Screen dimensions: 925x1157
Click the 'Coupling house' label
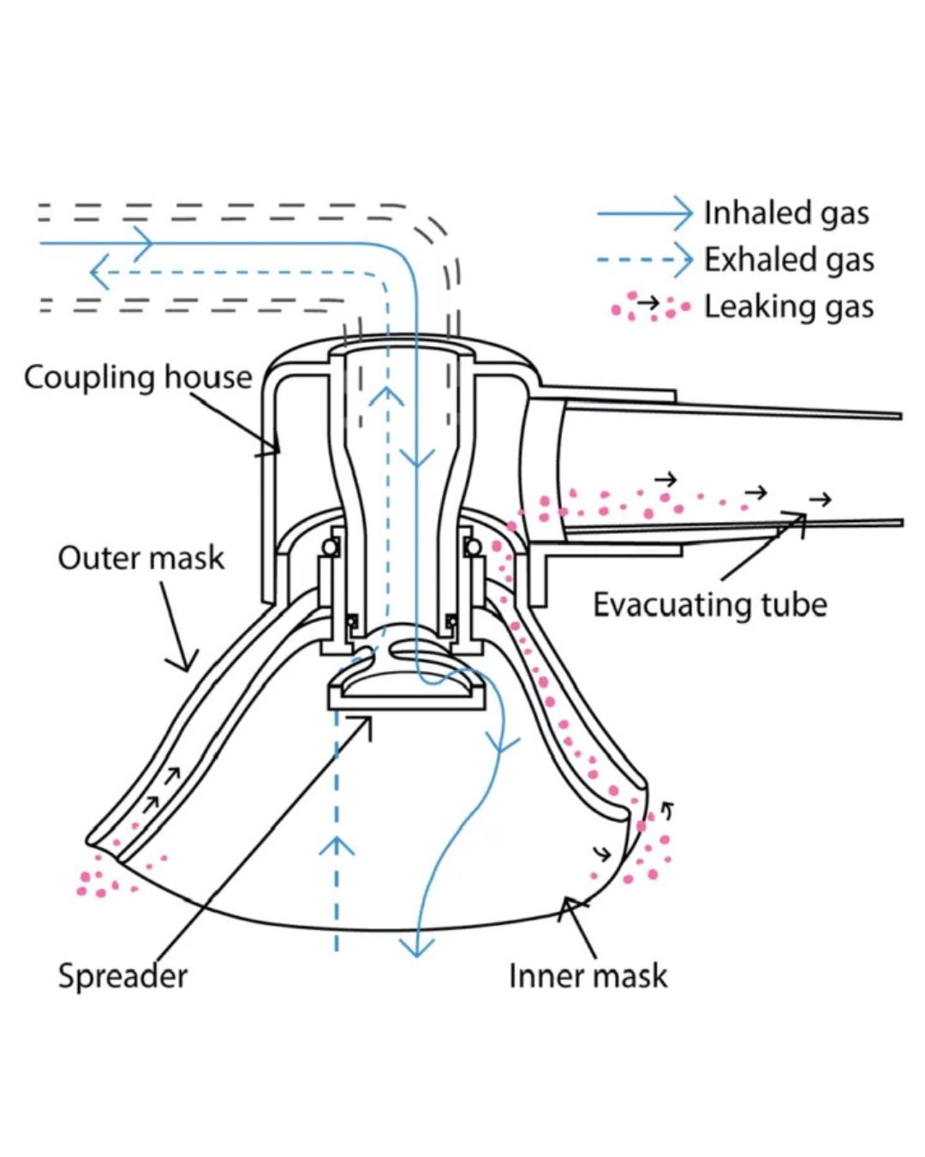coord(138,377)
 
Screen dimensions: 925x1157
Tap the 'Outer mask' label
coord(140,558)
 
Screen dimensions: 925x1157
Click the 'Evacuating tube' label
coord(709,605)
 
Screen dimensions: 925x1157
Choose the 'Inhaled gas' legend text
coord(786,213)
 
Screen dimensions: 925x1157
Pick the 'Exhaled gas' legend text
coord(789,260)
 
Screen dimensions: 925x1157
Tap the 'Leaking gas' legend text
coord(789,307)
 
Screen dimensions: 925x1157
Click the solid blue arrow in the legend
coord(645,213)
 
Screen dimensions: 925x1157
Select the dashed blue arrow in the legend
coord(645,261)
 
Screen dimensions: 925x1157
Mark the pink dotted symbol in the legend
coord(650,307)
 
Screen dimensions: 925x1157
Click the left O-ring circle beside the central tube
coord(330,548)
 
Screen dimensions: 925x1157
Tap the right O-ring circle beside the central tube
coord(472,548)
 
